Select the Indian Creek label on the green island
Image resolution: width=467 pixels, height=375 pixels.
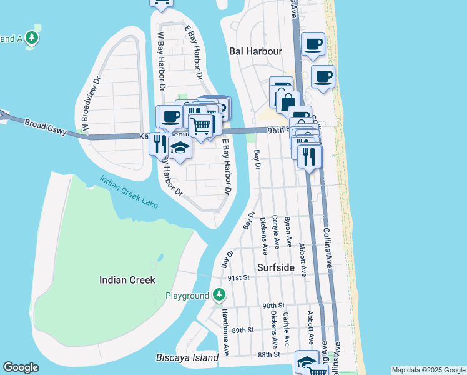pos(127,280)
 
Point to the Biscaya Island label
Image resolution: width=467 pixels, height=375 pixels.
pos(187,358)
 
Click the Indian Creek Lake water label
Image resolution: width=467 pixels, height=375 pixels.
pos(129,192)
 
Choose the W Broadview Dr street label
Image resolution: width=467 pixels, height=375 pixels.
pos(91,104)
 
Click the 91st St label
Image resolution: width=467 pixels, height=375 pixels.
pos(238,277)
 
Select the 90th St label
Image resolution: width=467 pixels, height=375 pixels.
pos(273,306)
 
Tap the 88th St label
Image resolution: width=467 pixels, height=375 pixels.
pos(268,354)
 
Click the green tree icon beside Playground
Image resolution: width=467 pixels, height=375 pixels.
pos(219,294)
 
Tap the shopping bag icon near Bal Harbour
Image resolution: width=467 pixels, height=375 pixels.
pos(288,101)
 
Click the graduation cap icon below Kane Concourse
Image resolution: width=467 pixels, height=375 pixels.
pos(180,148)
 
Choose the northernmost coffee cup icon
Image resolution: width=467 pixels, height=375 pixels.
pos(313,44)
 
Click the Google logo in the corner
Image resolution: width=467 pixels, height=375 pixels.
pos(21,368)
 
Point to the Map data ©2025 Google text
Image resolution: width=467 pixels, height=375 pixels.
pos(428,371)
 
